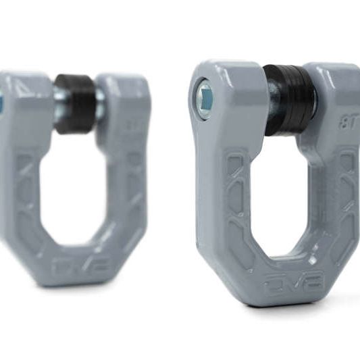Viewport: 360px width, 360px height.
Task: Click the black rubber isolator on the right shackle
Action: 289,99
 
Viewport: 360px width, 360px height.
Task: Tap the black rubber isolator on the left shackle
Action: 75,103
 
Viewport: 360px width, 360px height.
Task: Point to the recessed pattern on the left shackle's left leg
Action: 27,196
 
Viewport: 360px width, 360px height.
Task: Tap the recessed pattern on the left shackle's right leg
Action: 132,189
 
